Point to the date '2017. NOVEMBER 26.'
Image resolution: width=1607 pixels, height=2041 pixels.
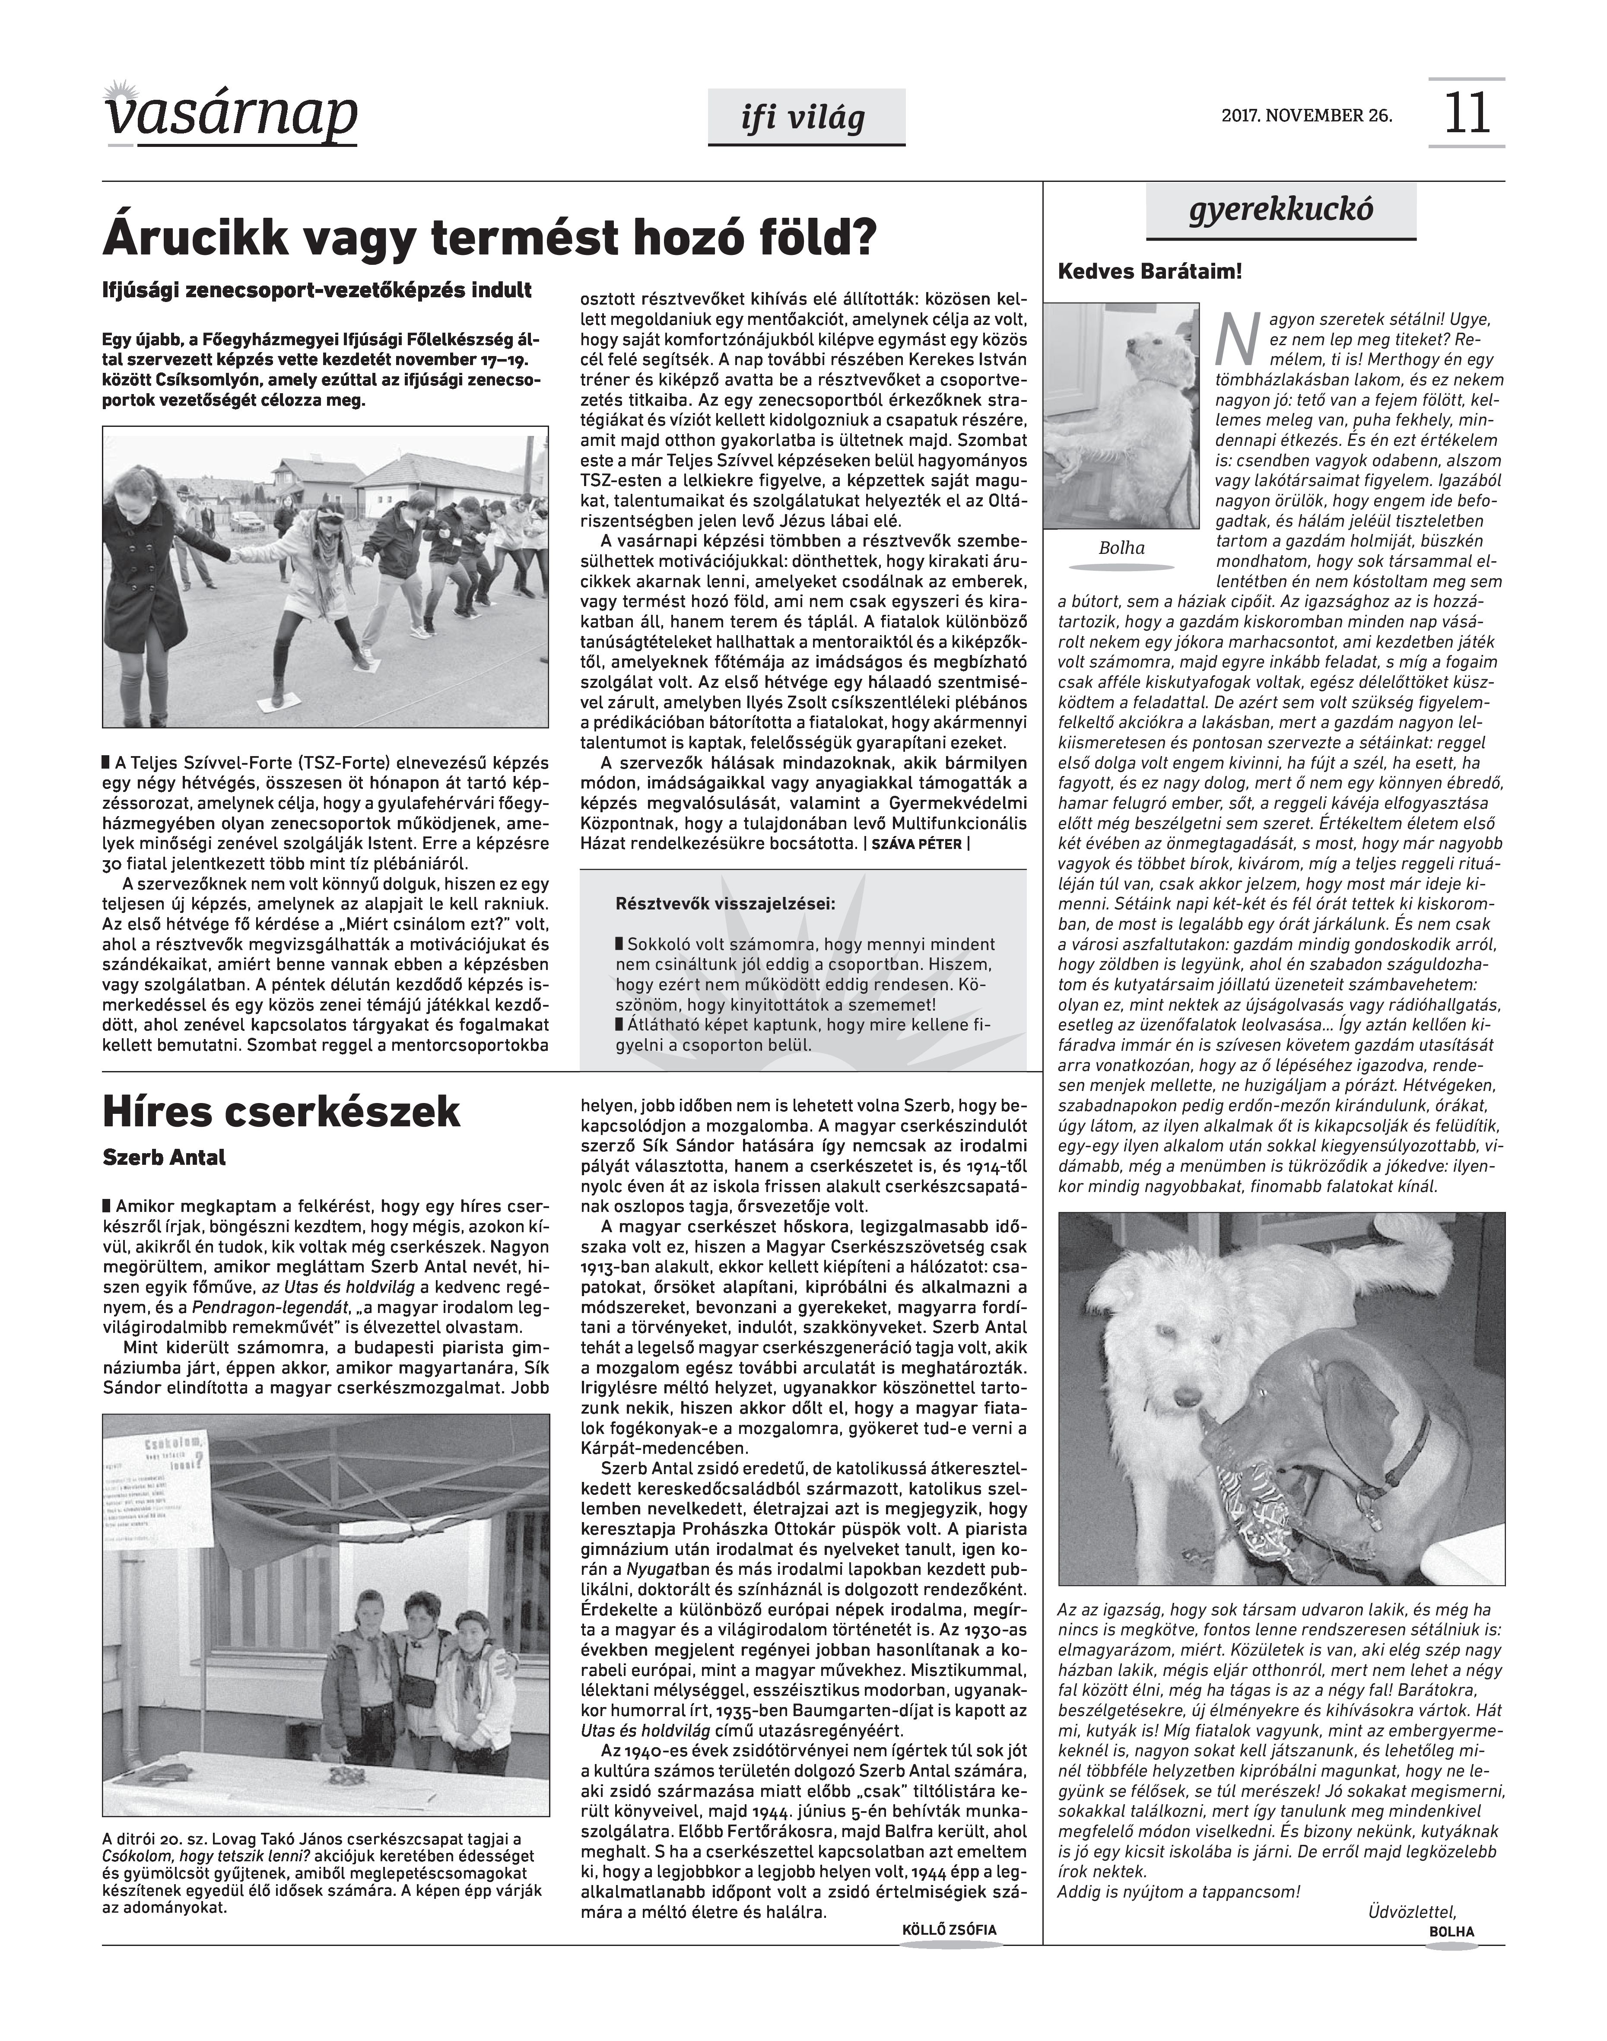(1307, 116)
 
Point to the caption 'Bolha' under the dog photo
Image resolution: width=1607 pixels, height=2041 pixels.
(1121, 548)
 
